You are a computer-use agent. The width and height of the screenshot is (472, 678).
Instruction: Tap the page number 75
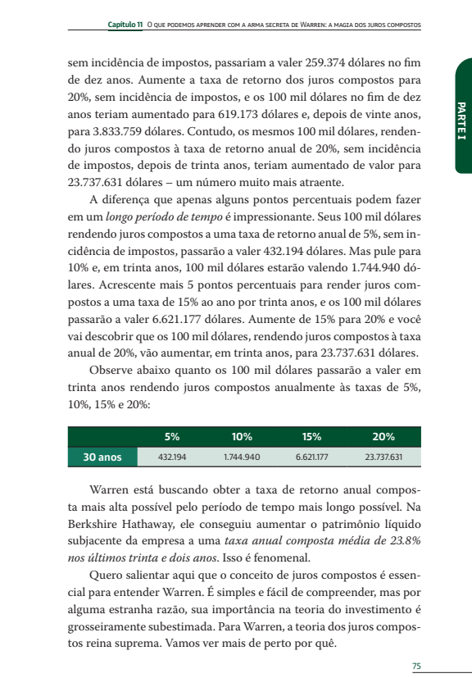tap(416, 666)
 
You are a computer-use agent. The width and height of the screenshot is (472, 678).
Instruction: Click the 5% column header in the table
tap(172, 436)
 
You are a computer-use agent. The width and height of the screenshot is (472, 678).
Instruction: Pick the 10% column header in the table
tap(242, 436)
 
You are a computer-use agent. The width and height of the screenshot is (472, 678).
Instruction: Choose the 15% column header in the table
tap(311, 436)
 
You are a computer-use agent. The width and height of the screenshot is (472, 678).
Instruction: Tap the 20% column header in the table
tap(383, 436)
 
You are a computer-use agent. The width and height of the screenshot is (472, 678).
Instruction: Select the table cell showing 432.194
tap(172, 457)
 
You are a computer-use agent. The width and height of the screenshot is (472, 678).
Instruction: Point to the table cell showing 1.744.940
tap(242, 457)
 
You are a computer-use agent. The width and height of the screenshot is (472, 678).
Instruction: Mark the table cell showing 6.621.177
tap(311, 457)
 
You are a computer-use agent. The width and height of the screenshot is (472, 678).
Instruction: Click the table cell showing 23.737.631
tap(383, 457)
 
